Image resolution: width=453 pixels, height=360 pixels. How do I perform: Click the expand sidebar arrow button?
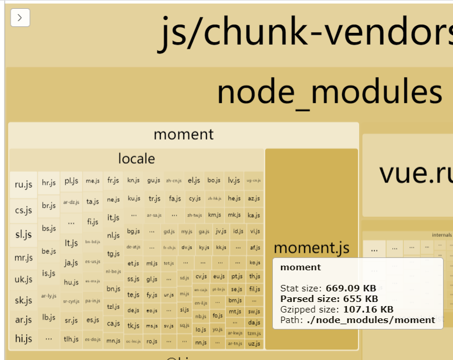[x=20, y=18]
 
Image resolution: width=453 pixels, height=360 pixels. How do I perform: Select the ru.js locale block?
[x=23, y=185]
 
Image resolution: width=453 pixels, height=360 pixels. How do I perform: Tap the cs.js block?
[x=23, y=210]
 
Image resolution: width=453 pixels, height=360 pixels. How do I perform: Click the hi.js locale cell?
[x=23, y=338]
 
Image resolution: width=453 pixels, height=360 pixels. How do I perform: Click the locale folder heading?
[x=136, y=158]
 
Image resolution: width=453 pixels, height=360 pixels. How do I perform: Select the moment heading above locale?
[x=183, y=134]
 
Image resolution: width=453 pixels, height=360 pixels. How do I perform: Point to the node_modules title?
[x=329, y=92]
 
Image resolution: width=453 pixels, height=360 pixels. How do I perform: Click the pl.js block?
[x=72, y=181]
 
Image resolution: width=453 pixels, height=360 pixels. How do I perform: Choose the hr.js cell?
[x=48, y=182]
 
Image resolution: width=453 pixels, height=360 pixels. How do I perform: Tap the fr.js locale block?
[x=113, y=181]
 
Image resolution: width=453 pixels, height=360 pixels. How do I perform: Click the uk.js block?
[x=23, y=279]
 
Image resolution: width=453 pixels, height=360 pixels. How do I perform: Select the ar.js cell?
[x=23, y=320]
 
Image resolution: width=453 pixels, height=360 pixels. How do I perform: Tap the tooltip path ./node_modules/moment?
[x=371, y=320]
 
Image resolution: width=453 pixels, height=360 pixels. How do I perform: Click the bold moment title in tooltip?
[x=300, y=267]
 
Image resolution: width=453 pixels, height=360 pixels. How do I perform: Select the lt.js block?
[x=72, y=243]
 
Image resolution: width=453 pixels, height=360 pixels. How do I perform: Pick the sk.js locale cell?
[x=23, y=300]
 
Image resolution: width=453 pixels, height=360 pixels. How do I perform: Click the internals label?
[x=441, y=235]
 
